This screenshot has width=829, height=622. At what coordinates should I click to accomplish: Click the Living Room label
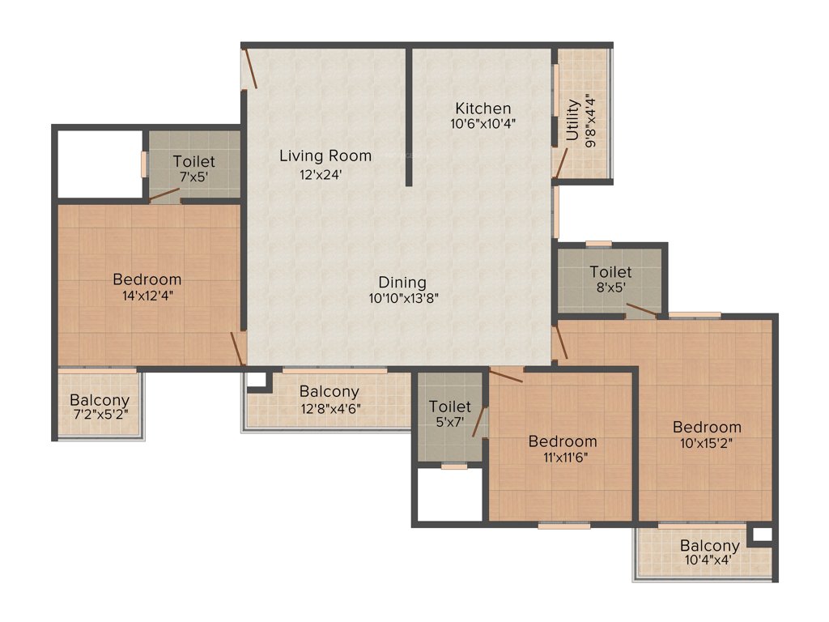click(x=325, y=155)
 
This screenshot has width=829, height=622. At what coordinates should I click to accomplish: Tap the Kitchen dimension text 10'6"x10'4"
click(x=483, y=125)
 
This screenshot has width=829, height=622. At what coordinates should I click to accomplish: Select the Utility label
click(x=573, y=119)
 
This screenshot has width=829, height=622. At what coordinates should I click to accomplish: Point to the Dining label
click(x=402, y=283)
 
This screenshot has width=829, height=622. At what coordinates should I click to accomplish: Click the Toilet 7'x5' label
click(x=194, y=161)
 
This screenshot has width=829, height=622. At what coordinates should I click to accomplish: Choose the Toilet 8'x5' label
click(x=610, y=272)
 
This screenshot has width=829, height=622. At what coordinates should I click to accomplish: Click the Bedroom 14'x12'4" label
click(x=147, y=279)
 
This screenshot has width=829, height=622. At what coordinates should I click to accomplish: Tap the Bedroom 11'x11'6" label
click(x=563, y=441)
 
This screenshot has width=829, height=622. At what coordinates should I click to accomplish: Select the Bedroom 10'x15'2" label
click(x=707, y=427)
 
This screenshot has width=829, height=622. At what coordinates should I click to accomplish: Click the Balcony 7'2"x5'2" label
click(x=100, y=400)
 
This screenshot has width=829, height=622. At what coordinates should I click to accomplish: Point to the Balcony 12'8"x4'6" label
click(x=329, y=392)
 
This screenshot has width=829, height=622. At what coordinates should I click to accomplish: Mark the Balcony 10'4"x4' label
click(x=709, y=546)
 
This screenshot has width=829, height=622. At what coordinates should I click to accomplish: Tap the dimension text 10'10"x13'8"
click(x=402, y=298)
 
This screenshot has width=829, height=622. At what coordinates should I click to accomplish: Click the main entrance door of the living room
click(x=251, y=68)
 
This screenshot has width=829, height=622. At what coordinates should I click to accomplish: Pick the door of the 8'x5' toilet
click(x=644, y=310)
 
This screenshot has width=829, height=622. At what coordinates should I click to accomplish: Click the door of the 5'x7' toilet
click(x=479, y=422)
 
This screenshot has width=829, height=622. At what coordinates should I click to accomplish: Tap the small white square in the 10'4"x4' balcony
click(x=761, y=535)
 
